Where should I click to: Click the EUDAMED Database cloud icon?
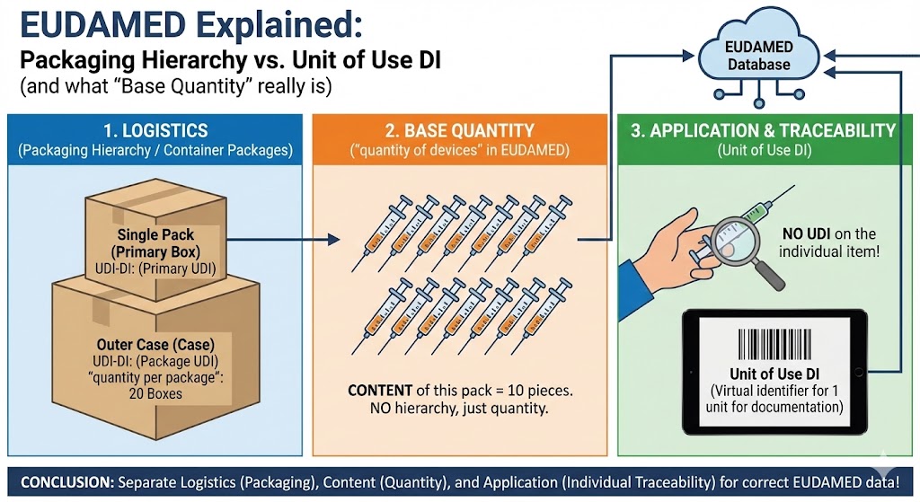(759, 57)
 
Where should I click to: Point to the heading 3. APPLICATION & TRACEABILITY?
(763, 131)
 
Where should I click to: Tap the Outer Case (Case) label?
(152, 344)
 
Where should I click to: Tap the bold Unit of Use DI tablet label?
(775, 374)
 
